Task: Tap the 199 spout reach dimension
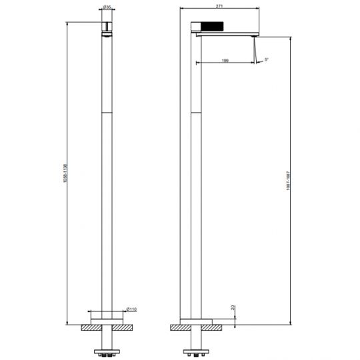click(x=226, y=61)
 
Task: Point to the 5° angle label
click(x=266, y=61)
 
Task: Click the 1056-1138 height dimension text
click(x=65, y=175)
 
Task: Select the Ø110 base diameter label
click(x=132, y=309)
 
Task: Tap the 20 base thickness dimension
click(x=233, y=307)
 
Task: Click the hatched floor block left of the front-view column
click(x=88, y=328)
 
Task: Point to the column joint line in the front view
click(x=106, y=111)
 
